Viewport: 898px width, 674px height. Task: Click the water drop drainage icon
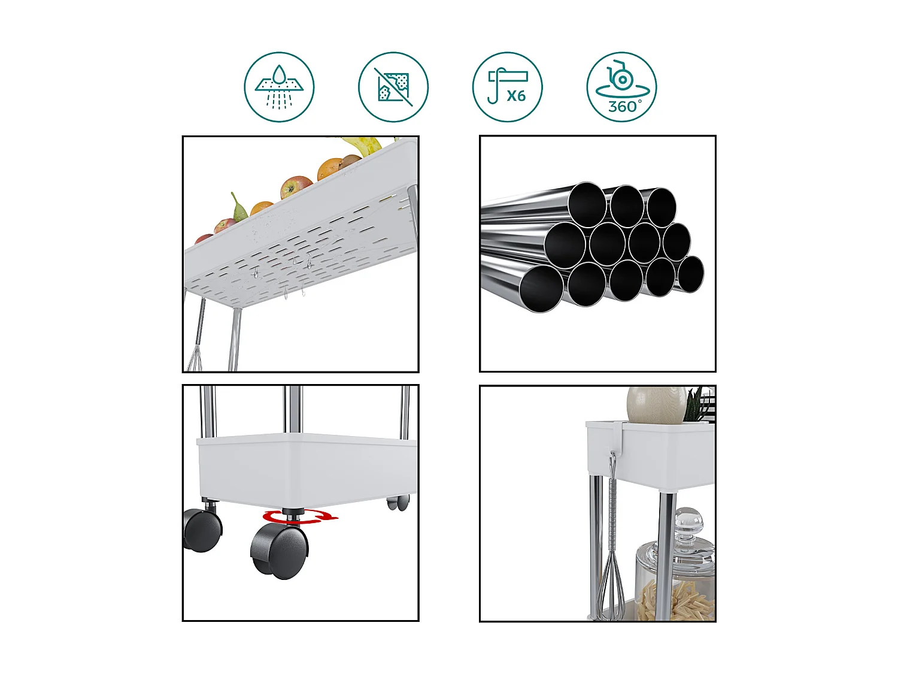pos(279,87)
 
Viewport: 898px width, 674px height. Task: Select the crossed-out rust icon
pos(393,87)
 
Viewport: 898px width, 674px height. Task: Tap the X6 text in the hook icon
pos(515,96)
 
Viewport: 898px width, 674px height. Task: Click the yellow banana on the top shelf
pos(364,145)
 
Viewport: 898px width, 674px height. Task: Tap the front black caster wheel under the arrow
pos(280,551)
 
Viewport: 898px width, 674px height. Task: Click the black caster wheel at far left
pos(202,531)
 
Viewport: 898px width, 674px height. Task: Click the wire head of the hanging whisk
pos(611,585)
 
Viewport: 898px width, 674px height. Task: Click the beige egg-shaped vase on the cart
pos(656,404)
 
